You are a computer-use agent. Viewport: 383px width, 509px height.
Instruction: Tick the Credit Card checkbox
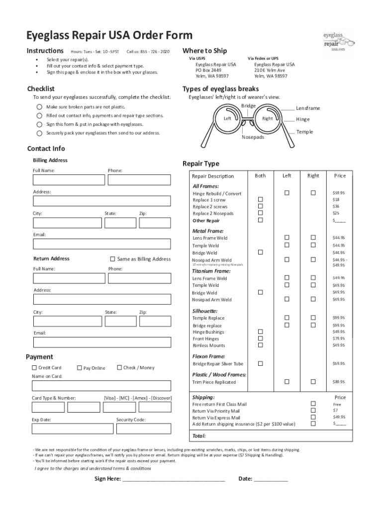click(x=34, y=368)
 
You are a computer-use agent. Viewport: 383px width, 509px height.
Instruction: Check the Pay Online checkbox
click(x=79, y=368)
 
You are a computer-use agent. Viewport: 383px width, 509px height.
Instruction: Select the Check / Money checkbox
click(x=119, y=367)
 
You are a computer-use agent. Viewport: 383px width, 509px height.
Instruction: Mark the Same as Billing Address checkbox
click(x=112, y=259)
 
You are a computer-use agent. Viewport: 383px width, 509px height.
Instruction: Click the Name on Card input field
click(x=101, y=386)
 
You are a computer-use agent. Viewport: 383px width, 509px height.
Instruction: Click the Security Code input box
click(x=144, y=428)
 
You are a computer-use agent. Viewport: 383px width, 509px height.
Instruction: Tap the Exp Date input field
click(x=73, y=428)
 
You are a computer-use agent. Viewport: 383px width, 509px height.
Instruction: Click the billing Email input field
click(x=101, y=244)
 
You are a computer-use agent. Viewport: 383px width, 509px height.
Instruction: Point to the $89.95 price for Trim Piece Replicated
click(x=339, y=382)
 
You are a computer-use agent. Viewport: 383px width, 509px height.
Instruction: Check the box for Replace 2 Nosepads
click(x=260, y=213)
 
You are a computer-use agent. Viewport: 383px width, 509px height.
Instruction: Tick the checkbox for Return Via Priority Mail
click(x=313, y=411)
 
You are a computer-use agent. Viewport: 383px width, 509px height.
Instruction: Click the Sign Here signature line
click(x=174, y=479)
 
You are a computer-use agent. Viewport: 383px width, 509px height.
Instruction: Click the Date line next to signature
click(x=271, y=479)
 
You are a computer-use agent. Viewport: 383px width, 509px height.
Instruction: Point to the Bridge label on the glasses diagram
click(x=248, y=106)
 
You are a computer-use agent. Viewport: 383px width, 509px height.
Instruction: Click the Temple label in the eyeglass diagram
click(x=304, y=132)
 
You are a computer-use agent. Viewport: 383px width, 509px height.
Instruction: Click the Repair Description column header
click(x=213, y=176)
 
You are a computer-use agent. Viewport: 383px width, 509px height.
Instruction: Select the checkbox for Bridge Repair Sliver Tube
click(x=260, y=364)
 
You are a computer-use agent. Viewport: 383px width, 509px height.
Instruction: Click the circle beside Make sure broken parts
click(x=39, y=107)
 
